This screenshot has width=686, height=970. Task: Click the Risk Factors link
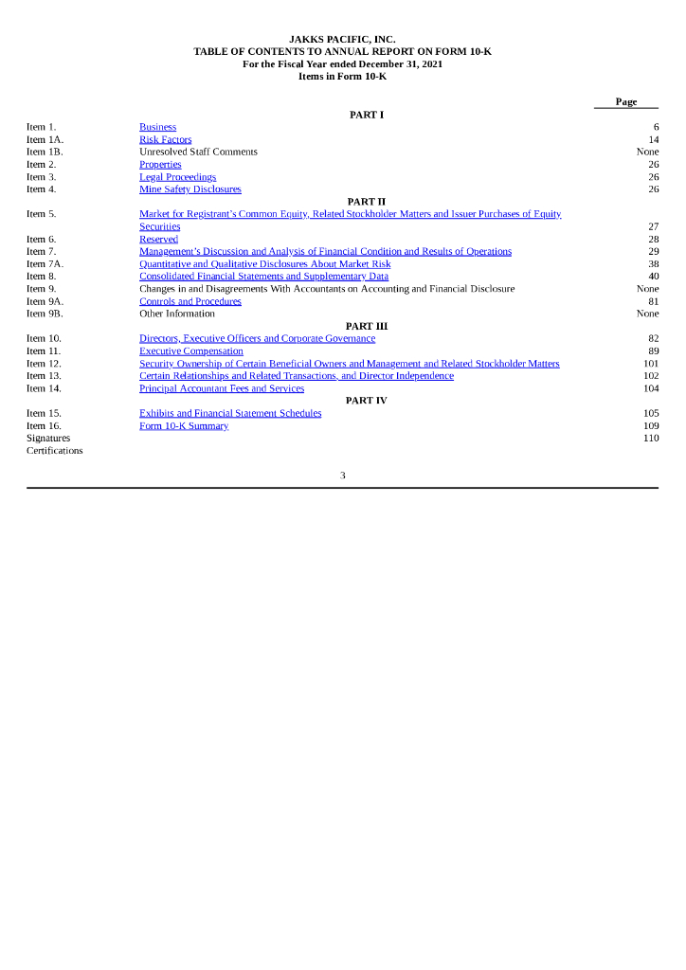[x=165, y=139]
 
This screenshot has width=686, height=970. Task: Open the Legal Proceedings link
[x=177, y=177]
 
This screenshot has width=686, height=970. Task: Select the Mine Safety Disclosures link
[x=190, y=189]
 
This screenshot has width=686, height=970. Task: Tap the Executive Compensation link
[x=190, y=351]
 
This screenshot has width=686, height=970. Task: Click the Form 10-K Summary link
[x=183, y=426]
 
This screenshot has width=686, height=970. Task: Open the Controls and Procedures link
[x=190, y=301]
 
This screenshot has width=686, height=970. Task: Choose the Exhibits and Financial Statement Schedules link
[x=230, y=414]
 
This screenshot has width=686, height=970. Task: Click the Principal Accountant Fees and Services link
[x=222, y=388]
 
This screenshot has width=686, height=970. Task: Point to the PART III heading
[x=367, y=326]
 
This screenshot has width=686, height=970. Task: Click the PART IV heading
[x=367, y=401]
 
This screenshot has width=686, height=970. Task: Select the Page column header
[x=625, y=102]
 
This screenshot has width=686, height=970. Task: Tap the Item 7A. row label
[x=45, y=264]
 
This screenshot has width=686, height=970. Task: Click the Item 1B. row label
[x=45, y=152]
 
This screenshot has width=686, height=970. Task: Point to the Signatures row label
[x=48, y=439]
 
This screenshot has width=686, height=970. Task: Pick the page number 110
[x=651, y=439]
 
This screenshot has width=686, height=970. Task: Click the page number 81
[x=653, y=301]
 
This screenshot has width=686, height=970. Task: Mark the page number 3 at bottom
[x=343, y=476]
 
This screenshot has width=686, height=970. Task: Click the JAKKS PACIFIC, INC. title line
[x=342, y=39]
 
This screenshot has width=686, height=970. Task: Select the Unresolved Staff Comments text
[x=198, y=152]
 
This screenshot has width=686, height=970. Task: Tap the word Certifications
[x=54, y=451]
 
